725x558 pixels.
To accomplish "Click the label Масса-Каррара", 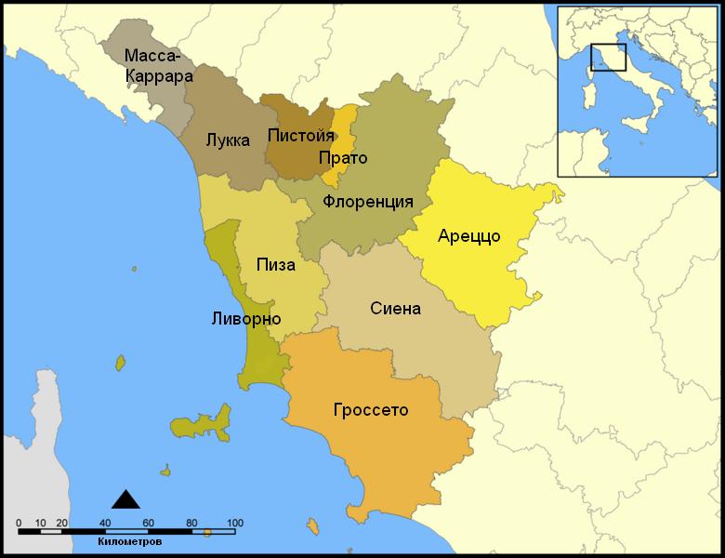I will [159, 65].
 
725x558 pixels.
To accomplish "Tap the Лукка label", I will [228, 140].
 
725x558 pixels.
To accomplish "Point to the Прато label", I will [342, 158].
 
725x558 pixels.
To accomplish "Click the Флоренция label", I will [368, 202].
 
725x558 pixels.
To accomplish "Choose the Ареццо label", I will [468, 236].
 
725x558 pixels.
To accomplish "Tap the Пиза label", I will [276, 265].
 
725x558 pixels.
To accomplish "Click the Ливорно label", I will [246, 319].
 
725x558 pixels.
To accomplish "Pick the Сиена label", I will [395, 309].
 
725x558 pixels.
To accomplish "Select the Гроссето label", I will [370, 409].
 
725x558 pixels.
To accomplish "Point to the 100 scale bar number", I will [234, 522].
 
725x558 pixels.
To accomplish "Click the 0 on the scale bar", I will [20, 522].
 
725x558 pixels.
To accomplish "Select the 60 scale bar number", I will [149, 522].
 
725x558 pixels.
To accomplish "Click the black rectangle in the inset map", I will [609, 57].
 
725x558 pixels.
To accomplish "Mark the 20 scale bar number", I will [62, 522].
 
